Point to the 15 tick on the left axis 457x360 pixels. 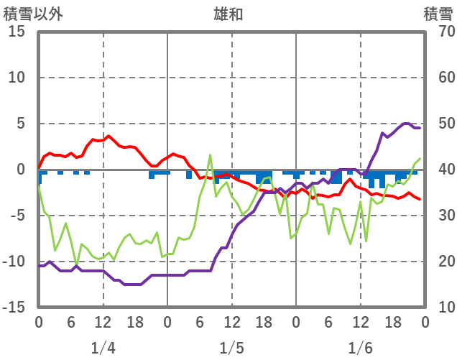[x=17, y=32]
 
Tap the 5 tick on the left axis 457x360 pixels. [x=22, y=124]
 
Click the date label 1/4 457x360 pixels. [x=103, y=349]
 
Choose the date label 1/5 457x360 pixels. [x=231, y=349]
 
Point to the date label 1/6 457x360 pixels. [x=361, y=349]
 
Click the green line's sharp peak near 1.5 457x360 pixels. [x=211, y=155]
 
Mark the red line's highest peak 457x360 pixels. [x=109, y=136]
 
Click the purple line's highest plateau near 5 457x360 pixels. [x=406, y=124]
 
